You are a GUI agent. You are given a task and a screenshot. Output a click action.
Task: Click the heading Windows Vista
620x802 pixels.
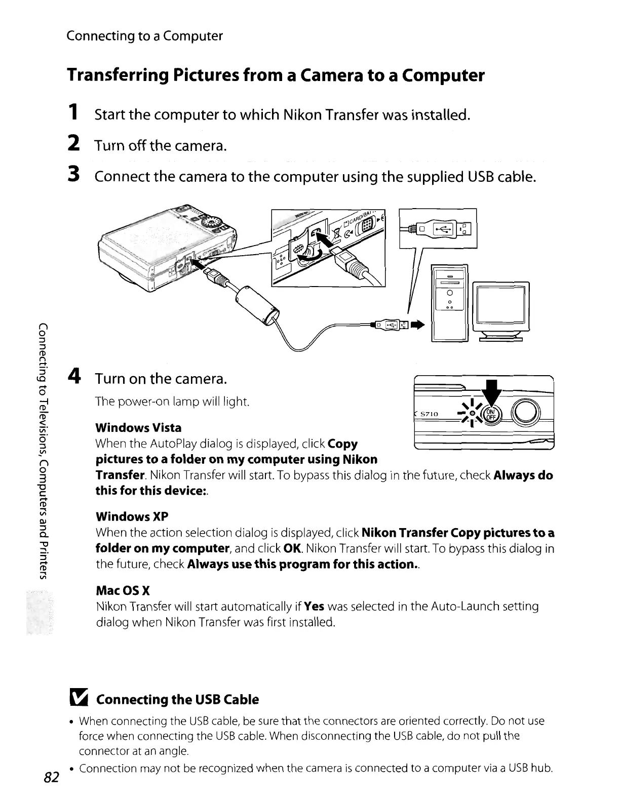point(138,428)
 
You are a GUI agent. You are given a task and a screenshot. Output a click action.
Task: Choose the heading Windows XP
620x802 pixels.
point(132,516)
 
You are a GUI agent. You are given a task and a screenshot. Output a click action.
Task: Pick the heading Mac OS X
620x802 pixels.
point(123,590)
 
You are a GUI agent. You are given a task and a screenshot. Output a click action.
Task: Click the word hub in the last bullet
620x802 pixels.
point(541,769)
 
